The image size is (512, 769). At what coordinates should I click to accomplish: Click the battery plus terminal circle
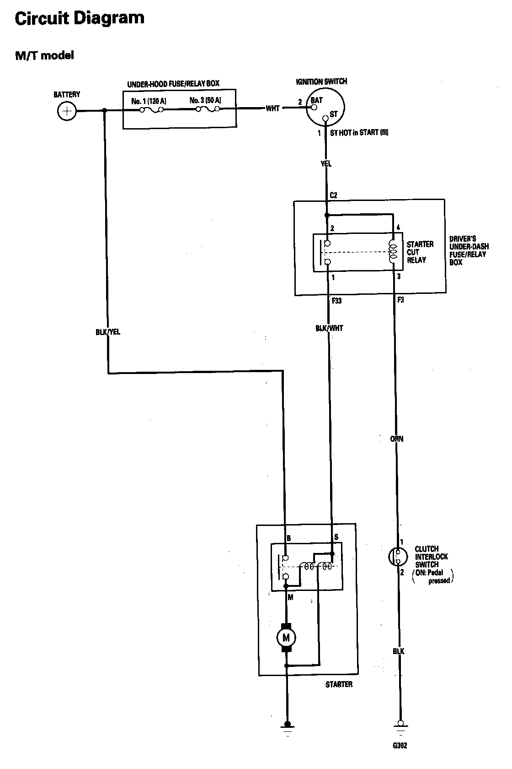[67, 111]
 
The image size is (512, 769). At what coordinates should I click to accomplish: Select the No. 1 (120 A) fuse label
[149, 101]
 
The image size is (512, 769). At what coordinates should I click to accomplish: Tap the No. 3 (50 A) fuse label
[206, 100]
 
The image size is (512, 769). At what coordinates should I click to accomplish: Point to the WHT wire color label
[273, 108]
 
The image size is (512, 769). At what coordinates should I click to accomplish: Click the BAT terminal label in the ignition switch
[316, 100]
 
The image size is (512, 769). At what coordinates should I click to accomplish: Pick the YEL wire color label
[326, 163]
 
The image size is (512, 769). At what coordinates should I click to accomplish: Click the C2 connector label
[333, 195]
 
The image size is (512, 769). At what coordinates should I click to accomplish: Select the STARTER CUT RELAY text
[420, 252]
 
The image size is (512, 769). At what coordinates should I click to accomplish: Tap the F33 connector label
[336, 301]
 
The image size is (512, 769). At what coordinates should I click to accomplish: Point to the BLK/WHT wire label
[329, 328]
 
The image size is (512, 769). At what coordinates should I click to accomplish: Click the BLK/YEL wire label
[108, 332]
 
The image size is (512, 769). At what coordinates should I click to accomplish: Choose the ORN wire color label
[397, 439]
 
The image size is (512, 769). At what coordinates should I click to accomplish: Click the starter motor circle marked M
[287, 638]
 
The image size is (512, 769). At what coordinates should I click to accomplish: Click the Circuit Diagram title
[80, 18]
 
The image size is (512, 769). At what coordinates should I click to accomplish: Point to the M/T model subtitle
[44, 55]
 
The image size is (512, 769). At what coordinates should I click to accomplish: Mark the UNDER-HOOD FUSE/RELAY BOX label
[173, 83]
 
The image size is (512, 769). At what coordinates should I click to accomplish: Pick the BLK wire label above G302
[399, 651]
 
